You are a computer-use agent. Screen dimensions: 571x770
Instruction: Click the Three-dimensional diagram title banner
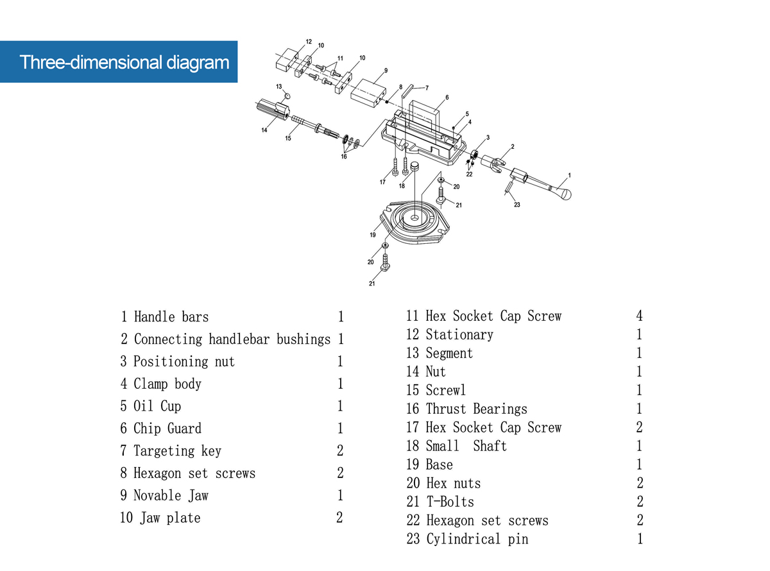[x=119, y=62]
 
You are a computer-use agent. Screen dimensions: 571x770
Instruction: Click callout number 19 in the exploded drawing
[x=372, y=235]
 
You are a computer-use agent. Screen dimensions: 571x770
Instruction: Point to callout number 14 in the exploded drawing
[x=264, y=130]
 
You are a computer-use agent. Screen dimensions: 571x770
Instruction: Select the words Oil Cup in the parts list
[x=157, y=406]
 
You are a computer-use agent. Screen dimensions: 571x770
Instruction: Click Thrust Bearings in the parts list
[x=476, y=409]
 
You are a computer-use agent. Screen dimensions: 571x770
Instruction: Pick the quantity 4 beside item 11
[x=639, y=316]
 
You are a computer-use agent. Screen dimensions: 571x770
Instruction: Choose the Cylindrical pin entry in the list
[x=477, y=539]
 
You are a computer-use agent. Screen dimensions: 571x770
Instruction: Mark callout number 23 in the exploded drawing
[x=517, y=205]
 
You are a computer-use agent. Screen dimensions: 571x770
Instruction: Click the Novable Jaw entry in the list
[x=171, y=495]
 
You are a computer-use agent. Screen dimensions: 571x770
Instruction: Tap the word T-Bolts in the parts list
[x=450, y=502]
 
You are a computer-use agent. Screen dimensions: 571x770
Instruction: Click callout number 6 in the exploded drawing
[x=447, y=98]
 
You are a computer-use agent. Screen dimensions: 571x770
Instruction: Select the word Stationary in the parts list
[x=459, y=334]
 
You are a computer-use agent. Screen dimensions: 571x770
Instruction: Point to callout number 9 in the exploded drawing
[x=386, y=71]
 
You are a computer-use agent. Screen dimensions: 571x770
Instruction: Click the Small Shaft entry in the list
[x=466, y=446]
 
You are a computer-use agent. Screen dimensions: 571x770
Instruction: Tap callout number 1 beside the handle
[x=569, y=175]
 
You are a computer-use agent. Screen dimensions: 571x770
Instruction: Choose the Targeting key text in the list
[x=177, y=450]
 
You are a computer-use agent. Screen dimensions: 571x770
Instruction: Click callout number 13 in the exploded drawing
[x=279, y=86]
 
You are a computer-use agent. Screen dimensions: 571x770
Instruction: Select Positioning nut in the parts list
[x=184, y=361]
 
